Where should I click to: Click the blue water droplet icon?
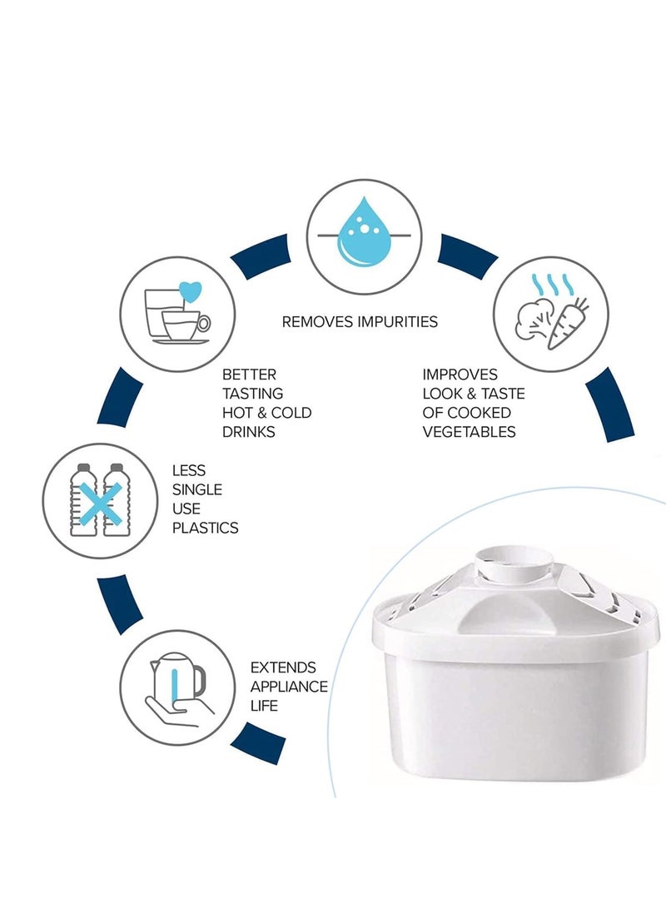(364, 231)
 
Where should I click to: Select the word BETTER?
(249, 375)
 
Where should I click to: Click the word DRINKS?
(248, 432)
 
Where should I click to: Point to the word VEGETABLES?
(469, 432)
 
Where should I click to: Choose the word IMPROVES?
(460, 375)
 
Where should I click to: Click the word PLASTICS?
(205, 528)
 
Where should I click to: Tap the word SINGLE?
(196, 489)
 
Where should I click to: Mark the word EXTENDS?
(283, 668)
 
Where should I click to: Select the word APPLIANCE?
(289, 687)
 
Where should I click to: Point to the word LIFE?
(264, 707)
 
